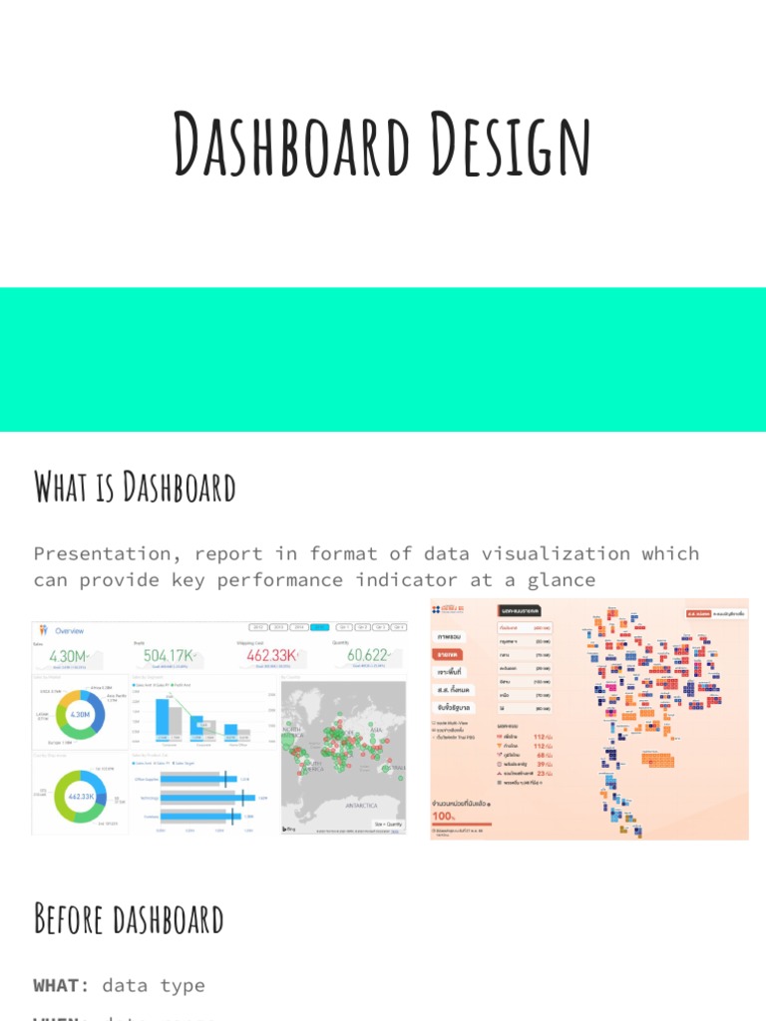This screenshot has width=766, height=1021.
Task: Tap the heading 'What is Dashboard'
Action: click(135, 488)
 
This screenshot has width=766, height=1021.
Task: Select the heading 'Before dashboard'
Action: click(129, 918)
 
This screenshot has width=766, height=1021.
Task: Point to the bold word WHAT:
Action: click(62, 985)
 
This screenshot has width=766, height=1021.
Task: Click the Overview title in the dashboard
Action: click(70, 630)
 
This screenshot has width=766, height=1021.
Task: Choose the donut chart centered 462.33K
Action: click(80, 798)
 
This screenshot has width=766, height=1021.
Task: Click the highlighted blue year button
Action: click(319, 627)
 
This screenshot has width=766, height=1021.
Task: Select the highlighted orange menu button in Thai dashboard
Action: click(448, 654)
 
